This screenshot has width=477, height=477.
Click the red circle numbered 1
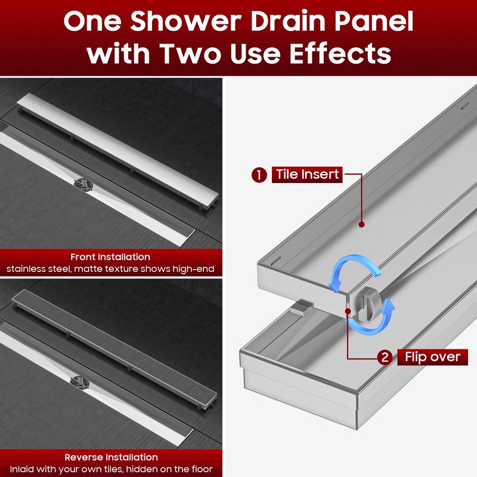(259, 175)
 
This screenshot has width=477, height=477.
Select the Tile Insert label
(307, 175)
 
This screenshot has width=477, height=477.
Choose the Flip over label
(432, 357)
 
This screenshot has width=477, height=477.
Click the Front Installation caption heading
(110, 257)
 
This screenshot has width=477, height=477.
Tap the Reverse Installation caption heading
(110, 457)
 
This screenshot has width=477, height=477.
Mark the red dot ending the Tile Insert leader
(361, 224)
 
